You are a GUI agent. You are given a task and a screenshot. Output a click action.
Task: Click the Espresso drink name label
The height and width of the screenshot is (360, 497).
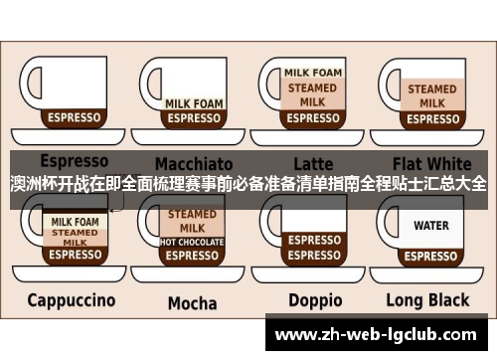(x=74, y=161)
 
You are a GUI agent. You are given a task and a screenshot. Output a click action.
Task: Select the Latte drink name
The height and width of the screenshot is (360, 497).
(x=313, y=163)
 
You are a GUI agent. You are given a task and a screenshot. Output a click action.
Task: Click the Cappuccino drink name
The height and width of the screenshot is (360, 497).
(x=71, y=299)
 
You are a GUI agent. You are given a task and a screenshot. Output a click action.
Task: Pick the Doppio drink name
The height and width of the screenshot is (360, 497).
(x=315, y=299)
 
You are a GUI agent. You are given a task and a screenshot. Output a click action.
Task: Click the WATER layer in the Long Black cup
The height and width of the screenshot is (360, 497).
(x=431, y=226)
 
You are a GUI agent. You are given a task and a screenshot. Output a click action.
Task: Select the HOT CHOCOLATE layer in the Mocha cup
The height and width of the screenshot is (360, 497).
(x=192, y=241)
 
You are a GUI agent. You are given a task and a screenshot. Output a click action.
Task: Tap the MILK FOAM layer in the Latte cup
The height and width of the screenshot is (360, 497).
(x=313, y=73)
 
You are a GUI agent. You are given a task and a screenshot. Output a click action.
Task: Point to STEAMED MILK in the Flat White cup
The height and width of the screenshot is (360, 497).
(x=432, y=95)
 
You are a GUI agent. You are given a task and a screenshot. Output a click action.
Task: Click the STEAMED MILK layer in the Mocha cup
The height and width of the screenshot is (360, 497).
(x=192, y=220)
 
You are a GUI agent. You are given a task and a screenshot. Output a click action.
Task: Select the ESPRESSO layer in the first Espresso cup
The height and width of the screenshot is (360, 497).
(x=74, y=117)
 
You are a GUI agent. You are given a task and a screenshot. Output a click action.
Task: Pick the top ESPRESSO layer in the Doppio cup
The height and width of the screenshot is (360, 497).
(x=313, y=240)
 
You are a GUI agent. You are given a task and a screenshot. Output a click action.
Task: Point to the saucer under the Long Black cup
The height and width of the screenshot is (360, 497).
(x=431, y=270)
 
